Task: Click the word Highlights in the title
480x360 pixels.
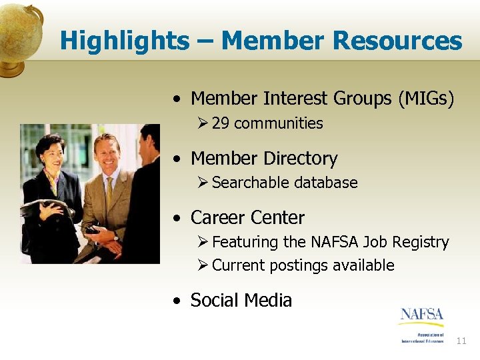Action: (x=124, y=41)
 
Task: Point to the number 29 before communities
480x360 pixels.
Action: (x=221, y=123)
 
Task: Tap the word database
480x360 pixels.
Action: (x=326, y=183)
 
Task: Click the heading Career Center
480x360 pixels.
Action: (x=247, y=218)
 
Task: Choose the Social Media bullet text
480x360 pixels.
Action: (x=241, y=301)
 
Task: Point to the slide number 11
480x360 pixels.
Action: (x=461, y=341)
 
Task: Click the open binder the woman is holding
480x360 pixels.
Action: (x=45, y=207)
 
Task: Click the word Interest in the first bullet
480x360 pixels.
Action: (x=297, y=99)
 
